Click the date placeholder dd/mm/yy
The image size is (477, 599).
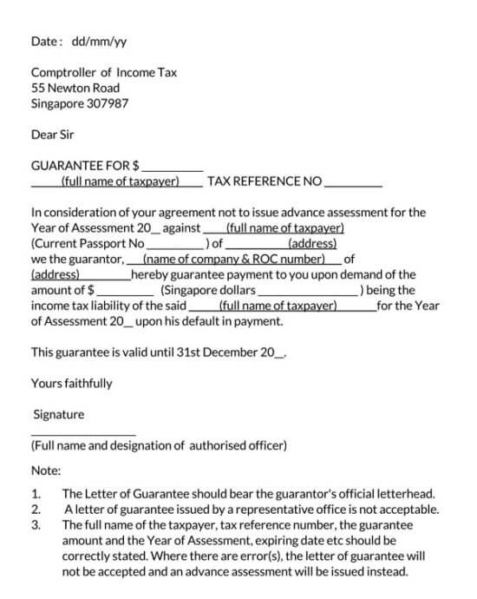95,41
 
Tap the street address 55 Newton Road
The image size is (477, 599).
75,88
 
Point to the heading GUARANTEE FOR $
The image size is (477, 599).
86,165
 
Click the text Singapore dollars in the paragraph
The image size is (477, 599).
209,291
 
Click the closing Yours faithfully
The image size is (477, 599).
71,383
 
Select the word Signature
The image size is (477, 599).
58,415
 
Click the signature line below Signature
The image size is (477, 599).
83,433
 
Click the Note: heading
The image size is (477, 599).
46,471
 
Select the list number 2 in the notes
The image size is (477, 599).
36,510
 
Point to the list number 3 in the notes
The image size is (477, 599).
36,525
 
